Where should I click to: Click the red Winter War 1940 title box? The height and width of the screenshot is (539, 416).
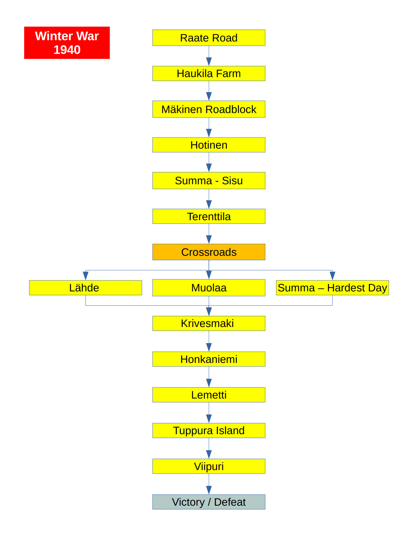[67, 43]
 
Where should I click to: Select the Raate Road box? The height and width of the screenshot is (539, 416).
[209, 38]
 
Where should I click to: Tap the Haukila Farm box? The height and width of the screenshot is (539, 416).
[209, 73]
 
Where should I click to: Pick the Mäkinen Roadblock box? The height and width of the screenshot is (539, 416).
[209, 109]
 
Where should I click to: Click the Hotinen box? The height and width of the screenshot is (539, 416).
[209, 145]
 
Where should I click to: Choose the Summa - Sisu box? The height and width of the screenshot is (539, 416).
[209, 181]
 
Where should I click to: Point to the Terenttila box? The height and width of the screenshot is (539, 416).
[209, 216]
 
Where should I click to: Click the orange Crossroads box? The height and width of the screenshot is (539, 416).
[209, 252]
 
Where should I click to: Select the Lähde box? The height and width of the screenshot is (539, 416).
[85, 288]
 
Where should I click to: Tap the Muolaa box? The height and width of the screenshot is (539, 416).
[209, 288]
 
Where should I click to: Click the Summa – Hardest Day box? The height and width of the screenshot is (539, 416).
[332, 288]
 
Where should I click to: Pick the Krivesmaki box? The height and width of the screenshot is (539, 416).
[209, 323]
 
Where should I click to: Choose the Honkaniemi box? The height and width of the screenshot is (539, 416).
[209, 359]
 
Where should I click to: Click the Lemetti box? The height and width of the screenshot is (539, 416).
[209, 395]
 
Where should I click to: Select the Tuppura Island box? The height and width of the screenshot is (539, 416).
[209, 431]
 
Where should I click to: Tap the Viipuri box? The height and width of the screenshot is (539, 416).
[209, 466]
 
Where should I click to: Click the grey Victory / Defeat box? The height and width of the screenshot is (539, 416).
[209, 502]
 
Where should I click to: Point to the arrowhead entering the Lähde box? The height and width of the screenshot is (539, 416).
[85, 276]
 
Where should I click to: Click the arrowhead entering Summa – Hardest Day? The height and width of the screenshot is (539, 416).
[332, 276]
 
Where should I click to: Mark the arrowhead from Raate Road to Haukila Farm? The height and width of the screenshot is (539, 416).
[209, 61]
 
